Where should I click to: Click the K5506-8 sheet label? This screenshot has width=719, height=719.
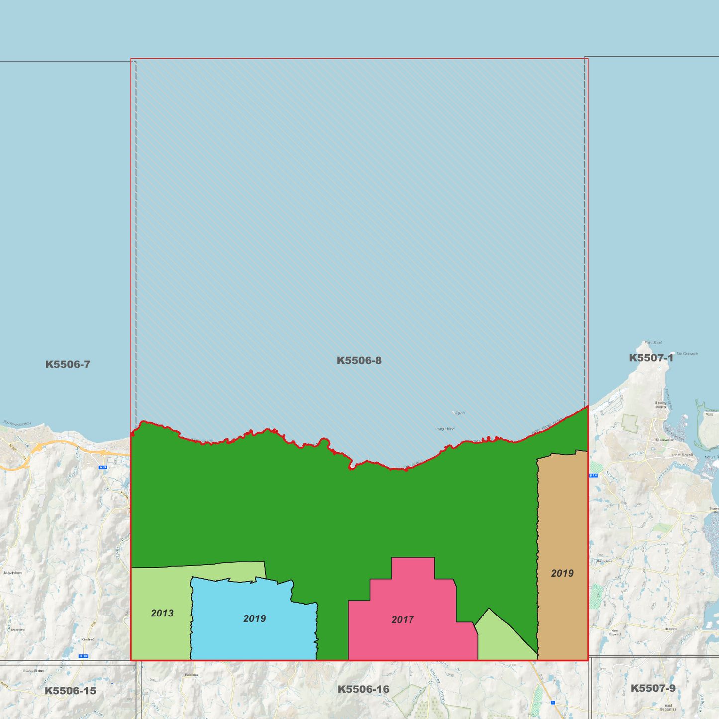(x=359, y=360)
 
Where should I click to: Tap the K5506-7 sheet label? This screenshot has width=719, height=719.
(x=68, y=364)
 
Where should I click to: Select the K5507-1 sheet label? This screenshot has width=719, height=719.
(x=651, y=358)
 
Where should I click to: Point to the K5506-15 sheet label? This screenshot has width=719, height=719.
(x=70, y=691)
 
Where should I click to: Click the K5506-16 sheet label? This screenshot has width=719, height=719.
(x=363, y=689)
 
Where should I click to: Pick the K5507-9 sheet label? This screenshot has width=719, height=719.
(x=653, y=688)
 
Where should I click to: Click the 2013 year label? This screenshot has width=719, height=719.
(x=162, y=613)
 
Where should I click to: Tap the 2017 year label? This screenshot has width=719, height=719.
(x=403, y=620)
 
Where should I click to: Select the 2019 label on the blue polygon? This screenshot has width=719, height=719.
(x=254, y=618)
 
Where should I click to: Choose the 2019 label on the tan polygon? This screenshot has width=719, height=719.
(x=562, y=573)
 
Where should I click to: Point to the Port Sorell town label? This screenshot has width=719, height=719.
(x=682, y=455)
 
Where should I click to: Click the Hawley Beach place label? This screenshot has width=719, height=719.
(x=660, y=405)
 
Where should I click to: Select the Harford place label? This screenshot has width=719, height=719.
(x=670, y=629)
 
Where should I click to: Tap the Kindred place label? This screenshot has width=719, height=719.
(x=88, y=639)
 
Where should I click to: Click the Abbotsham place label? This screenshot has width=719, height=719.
(x=12, y=573)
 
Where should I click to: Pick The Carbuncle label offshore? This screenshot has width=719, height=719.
(x=687, y=354)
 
